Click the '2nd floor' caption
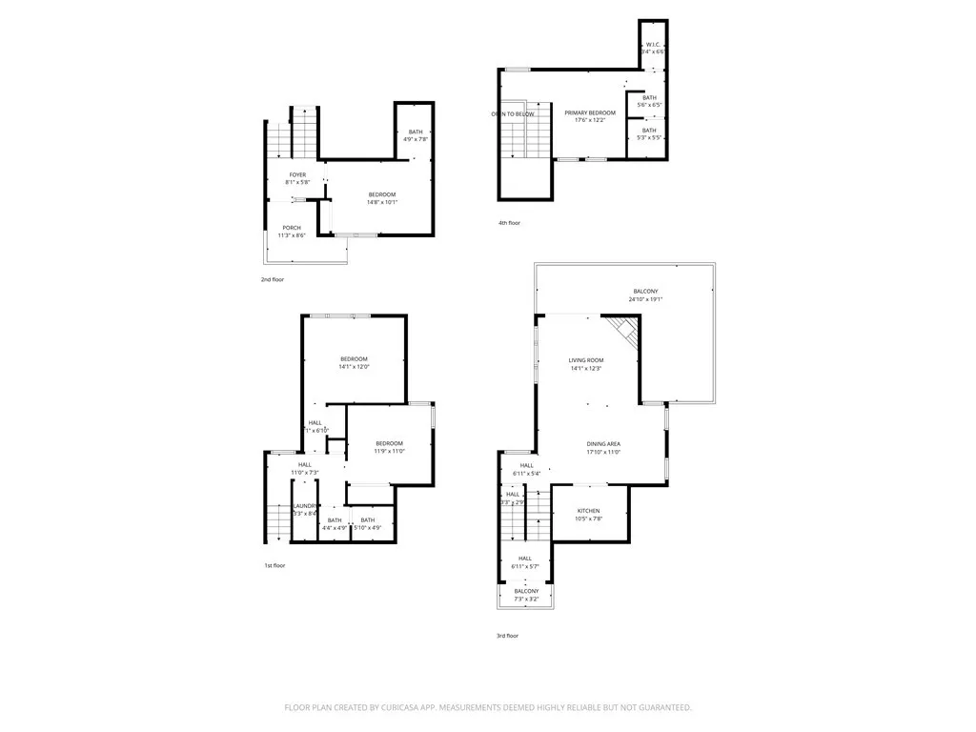click(273, 279)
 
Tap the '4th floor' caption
click(509, 223)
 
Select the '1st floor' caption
click(274, 565)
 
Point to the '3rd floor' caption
click(507, 636)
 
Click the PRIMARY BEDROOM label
click(589, 112)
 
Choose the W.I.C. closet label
click(653, 44)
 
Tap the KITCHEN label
click(588, 511)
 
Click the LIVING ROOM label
click(586, 360)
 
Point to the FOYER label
click(298, 174)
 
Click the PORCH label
click(292, 228)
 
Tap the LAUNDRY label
click(305, 506)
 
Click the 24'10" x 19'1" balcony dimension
click(645, 299)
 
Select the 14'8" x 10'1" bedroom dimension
click(382, 202)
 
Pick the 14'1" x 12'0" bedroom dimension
click(354, 367)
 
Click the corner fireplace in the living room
click(624, 331)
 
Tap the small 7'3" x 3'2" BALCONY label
click(526, 591)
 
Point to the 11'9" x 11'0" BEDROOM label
click(389, 443)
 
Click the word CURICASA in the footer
click(416, 707)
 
